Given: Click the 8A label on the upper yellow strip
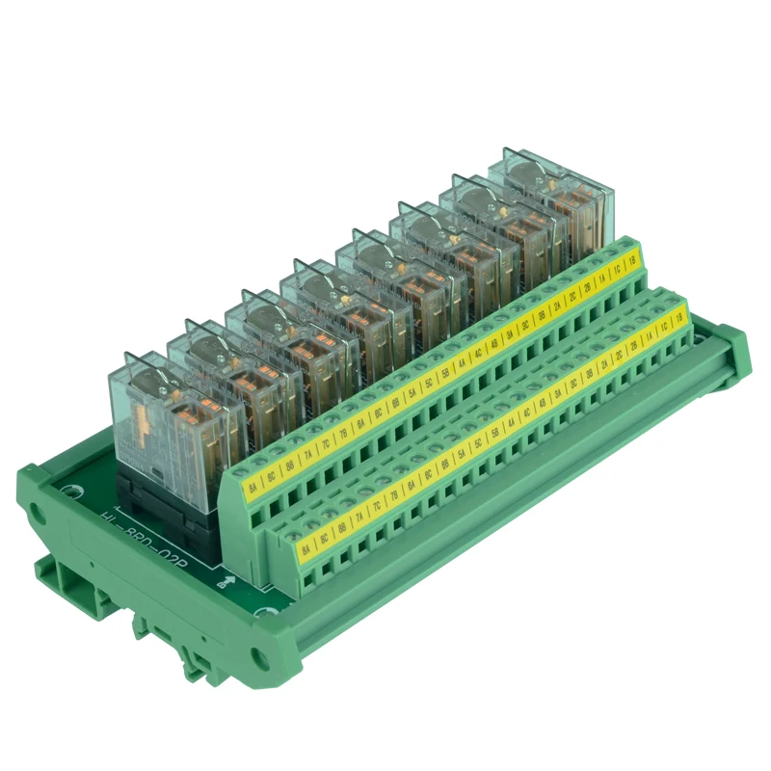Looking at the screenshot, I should (x=253, y=488).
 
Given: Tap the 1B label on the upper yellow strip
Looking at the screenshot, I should (x=633, y=258).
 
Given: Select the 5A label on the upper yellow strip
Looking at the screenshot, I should (x=412, y=392).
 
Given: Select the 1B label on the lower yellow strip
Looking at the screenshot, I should (x=679, y=316).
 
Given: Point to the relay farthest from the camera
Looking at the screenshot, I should (x=549, y=193).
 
